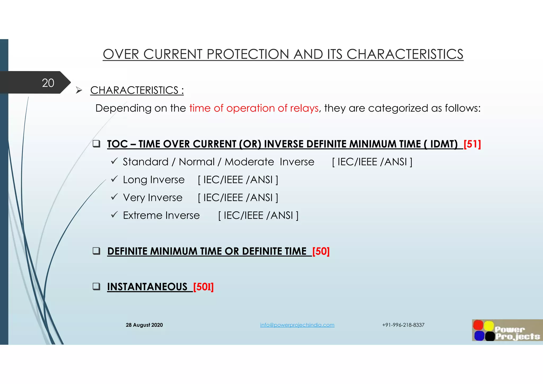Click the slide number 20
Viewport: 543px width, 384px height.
pos(48,83)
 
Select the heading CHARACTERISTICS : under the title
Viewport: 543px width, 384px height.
pos(137,90)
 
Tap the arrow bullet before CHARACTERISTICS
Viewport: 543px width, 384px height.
pos(79,90)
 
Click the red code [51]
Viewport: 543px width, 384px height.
pos(472,144)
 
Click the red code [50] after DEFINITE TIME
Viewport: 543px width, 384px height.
pos(321,251)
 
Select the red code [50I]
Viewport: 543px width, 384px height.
pos(203,287)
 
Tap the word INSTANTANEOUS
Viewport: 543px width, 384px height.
pos(147,287)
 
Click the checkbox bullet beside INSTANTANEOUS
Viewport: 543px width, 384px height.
pos(96,286)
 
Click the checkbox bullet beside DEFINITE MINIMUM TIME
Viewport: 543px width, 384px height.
pos(96,251)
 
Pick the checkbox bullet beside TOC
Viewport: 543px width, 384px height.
pos(96,144)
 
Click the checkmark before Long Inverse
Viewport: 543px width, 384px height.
pos(114,179)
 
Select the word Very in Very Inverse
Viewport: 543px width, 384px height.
pos(134,198)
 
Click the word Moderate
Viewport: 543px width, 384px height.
pos(249,162)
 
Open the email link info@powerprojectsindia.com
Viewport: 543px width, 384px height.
pos(297,325)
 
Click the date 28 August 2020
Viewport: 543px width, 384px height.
pos(144,325)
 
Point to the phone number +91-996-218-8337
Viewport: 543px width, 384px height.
pos(403,325)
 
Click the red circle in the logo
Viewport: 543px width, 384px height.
pos(478,325)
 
